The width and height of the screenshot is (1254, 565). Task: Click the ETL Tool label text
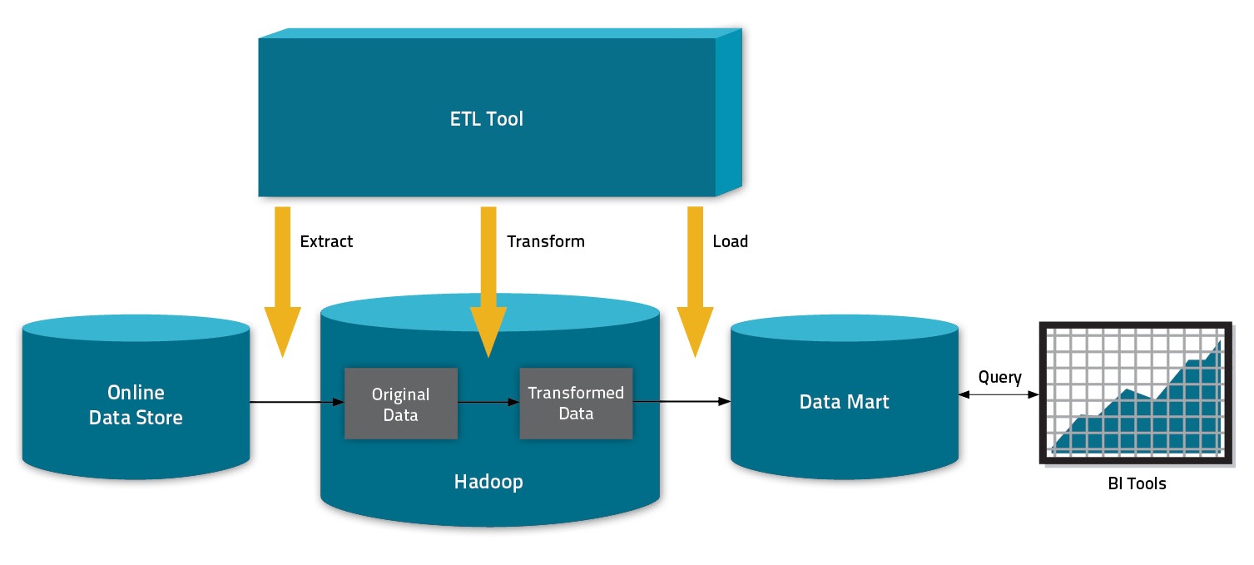487,119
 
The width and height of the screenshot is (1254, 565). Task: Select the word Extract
326,241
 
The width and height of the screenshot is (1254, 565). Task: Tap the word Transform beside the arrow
546,241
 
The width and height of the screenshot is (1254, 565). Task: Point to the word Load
730,241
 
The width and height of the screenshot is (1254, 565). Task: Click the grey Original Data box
401,404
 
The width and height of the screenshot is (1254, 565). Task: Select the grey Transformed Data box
576,403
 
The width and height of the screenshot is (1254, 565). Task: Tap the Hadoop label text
488,481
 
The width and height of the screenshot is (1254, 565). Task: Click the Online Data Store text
136,404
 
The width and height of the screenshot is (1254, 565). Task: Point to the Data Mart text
844,402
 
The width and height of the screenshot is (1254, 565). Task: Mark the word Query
999,377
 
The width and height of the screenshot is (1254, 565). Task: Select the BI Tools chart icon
1136,393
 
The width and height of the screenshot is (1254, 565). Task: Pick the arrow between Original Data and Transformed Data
488,403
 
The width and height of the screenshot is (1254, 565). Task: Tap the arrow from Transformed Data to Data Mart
682,403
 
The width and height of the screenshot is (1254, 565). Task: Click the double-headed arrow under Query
999,393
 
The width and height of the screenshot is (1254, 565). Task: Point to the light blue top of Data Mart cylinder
844,332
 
